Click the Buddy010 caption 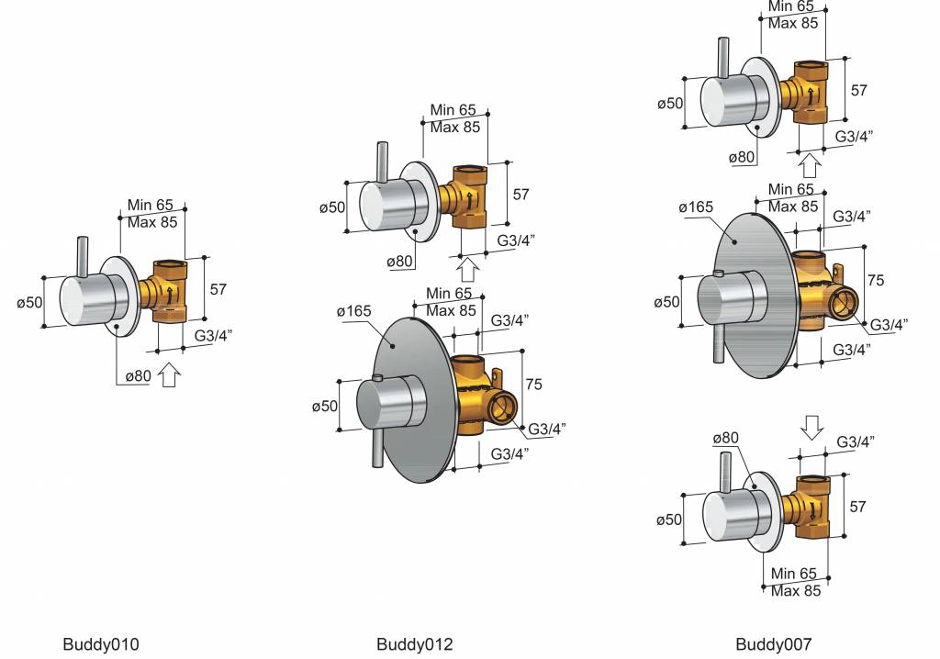tap(101, 644)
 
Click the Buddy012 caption tap(415, 644)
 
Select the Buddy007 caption tap(774, 644)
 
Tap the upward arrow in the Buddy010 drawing tap(169, 375)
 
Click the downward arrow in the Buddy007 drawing tap(812, 428)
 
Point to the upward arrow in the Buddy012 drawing tap(467, 269)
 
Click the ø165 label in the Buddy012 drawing tap(353, 311)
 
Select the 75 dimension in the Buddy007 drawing tap(876, 280)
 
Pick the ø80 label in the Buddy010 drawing tap(139, 376)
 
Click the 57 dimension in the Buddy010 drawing tap(218, 289)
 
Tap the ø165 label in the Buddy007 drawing tap(696, 207)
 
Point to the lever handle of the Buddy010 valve tap(83, 258)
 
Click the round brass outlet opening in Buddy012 tap(502, 408)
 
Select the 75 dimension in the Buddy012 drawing tap(533, 384)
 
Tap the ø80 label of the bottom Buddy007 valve tap(725, 439)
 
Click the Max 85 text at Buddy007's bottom tap(795, 591)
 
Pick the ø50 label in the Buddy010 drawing tap(29, 302)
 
